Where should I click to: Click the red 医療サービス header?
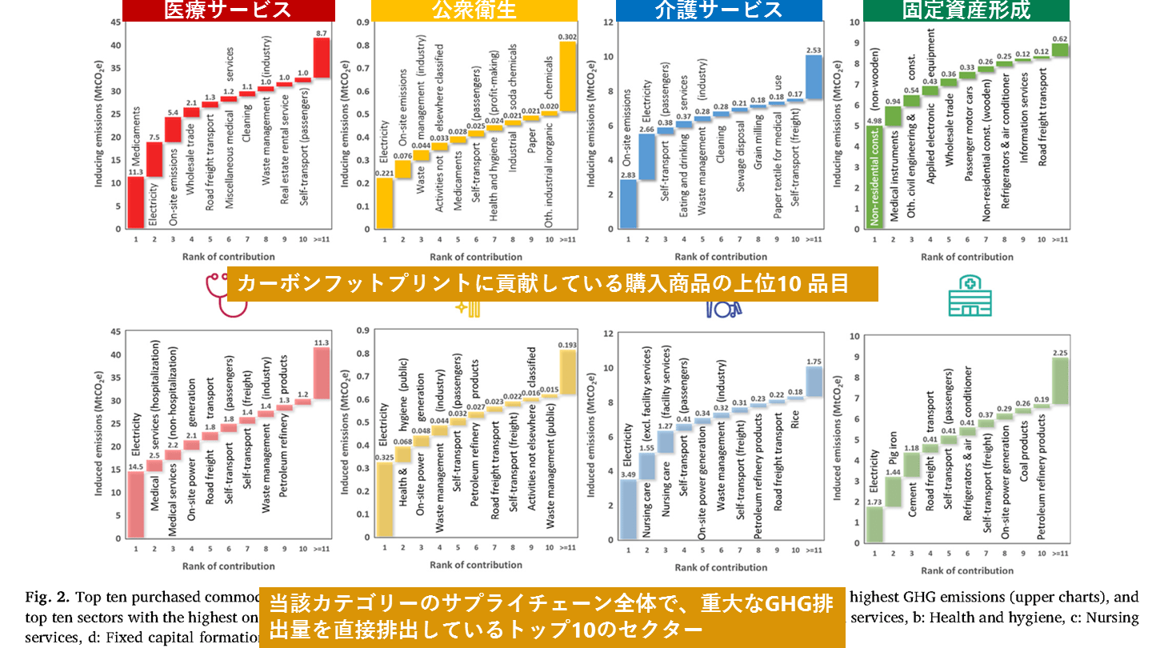[228, 10]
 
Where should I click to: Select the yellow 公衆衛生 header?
[474, 10]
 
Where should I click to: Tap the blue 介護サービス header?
[718, 10]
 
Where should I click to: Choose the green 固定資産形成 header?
[966, 10]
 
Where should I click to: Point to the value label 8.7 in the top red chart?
[322, 33]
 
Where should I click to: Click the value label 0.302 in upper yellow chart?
[567, 36]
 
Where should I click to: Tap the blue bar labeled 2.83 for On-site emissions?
[628, 204]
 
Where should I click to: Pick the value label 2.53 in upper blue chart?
[813, 50]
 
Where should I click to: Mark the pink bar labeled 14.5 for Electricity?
[135, 505]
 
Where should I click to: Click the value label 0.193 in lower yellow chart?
[567, 345]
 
